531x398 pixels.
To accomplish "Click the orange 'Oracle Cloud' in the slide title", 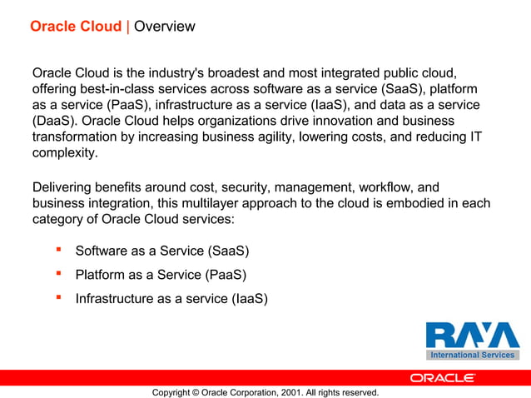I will click(75, 27).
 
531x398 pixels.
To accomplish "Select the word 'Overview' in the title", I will click(164, 27).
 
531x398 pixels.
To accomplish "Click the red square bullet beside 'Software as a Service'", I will click(59, 249).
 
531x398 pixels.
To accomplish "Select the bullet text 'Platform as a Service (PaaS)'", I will click(161, 274).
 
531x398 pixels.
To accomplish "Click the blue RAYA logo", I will click(472, 335).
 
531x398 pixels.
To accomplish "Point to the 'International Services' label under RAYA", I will click(472, 355).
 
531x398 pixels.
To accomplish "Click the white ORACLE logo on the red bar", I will click(442, 377).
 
